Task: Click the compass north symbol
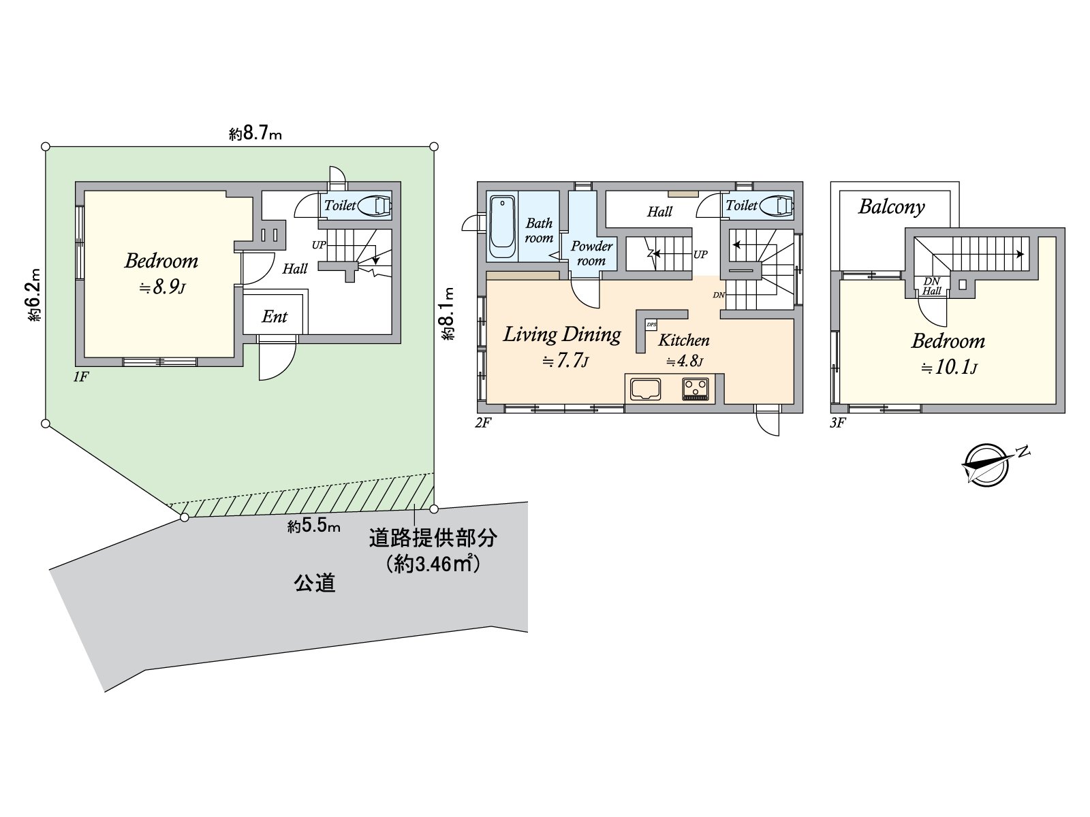(986, 466)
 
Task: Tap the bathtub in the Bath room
(502, 227)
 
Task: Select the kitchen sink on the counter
(645, 389)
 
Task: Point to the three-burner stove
(696, 389)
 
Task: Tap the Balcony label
(891, 207)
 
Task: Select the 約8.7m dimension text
(255, 134)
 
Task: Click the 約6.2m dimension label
(35, 294)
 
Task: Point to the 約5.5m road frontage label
(314, 526)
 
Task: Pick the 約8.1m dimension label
(448, 314)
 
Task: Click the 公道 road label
(315, 583)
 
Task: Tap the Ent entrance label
(275, 317)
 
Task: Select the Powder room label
(591, 253)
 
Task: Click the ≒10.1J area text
(949, 368)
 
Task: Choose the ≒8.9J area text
(162, 287)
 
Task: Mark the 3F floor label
(837, 423)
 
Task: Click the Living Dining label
(562, 334)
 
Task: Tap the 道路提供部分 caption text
(433, 539)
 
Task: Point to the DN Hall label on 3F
(931, 286)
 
